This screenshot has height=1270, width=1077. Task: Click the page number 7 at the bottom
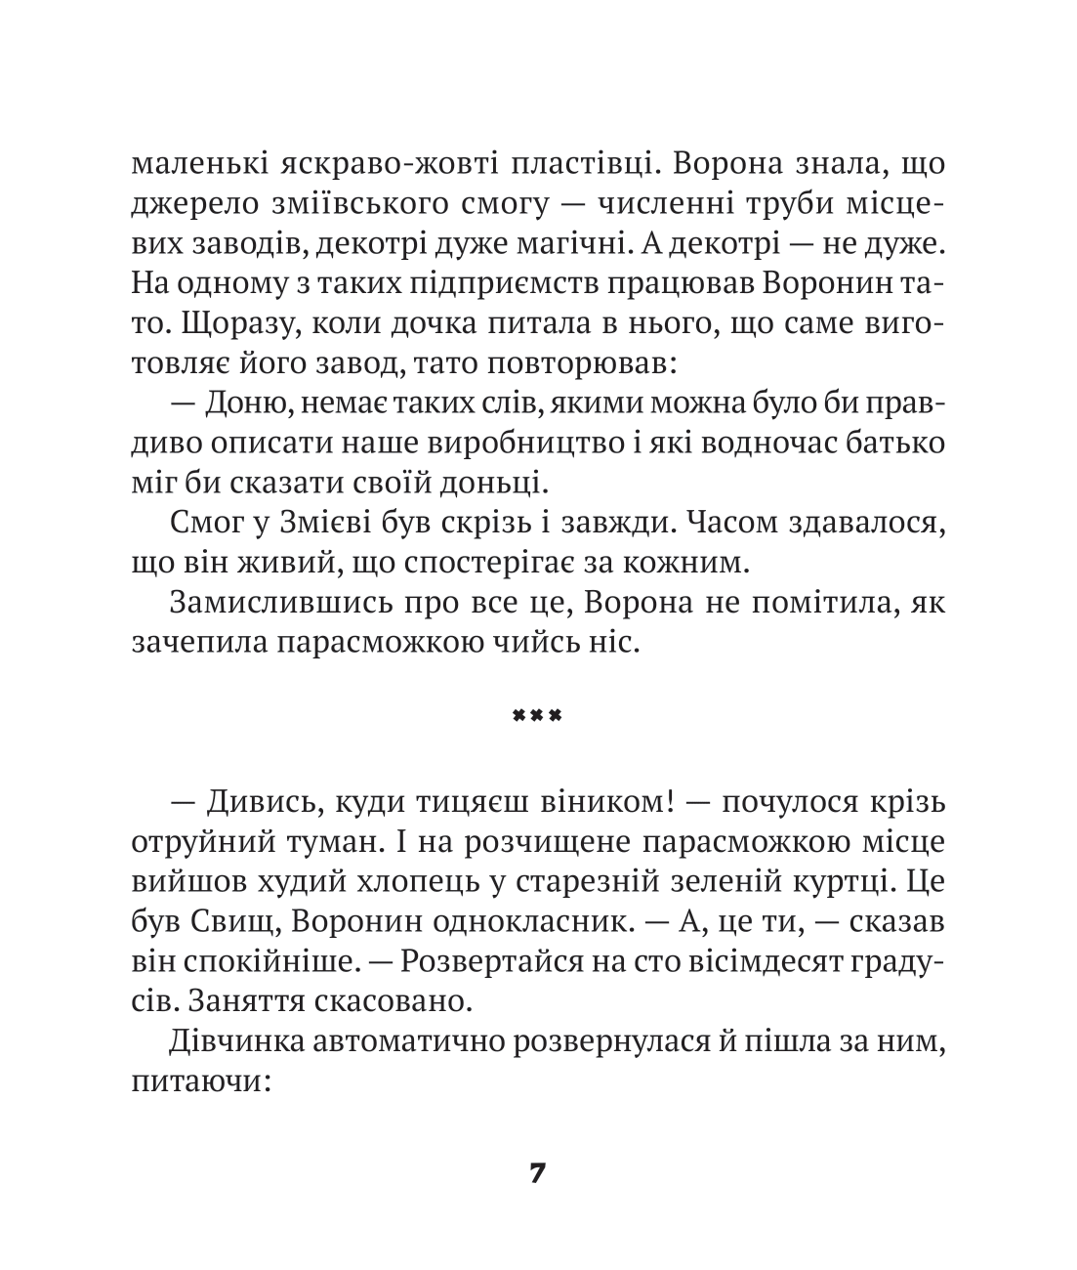click(x=537, y=1172)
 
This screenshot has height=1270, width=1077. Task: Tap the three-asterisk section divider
click(x=537, y=716)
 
